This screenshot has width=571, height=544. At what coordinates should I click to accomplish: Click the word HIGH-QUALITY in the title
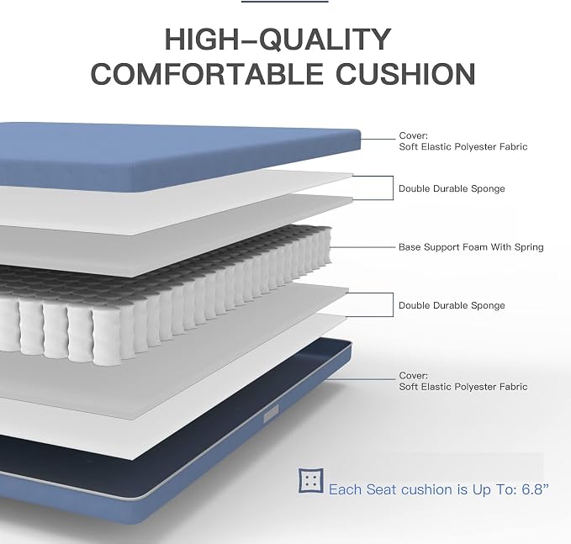278,39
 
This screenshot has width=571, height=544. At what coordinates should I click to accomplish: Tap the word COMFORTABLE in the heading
207,74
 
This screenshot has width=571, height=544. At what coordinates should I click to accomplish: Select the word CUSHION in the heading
405,74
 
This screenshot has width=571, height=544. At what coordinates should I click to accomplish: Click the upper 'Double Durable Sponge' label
452,188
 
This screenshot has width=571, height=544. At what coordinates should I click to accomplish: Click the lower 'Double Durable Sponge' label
452,305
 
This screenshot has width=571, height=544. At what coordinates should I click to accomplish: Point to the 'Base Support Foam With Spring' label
471,247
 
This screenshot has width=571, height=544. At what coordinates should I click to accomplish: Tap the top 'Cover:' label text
413,135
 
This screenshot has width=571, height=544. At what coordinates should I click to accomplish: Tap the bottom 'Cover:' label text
413,375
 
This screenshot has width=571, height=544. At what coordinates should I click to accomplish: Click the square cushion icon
311,481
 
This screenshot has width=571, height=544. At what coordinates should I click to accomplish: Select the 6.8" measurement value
535,489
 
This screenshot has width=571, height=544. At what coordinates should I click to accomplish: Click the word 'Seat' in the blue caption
381,489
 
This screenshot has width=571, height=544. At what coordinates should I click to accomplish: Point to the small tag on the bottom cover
271,416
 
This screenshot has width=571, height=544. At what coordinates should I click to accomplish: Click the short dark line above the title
285,2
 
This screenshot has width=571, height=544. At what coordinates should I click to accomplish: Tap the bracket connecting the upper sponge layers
393,187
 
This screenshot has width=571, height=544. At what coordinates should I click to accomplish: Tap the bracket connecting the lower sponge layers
393,304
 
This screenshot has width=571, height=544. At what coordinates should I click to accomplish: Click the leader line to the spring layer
362,247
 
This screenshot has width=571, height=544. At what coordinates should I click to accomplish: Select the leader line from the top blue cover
378,139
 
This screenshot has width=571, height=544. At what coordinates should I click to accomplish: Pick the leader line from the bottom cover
361,379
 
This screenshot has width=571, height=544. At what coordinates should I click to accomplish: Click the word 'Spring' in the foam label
529,247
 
